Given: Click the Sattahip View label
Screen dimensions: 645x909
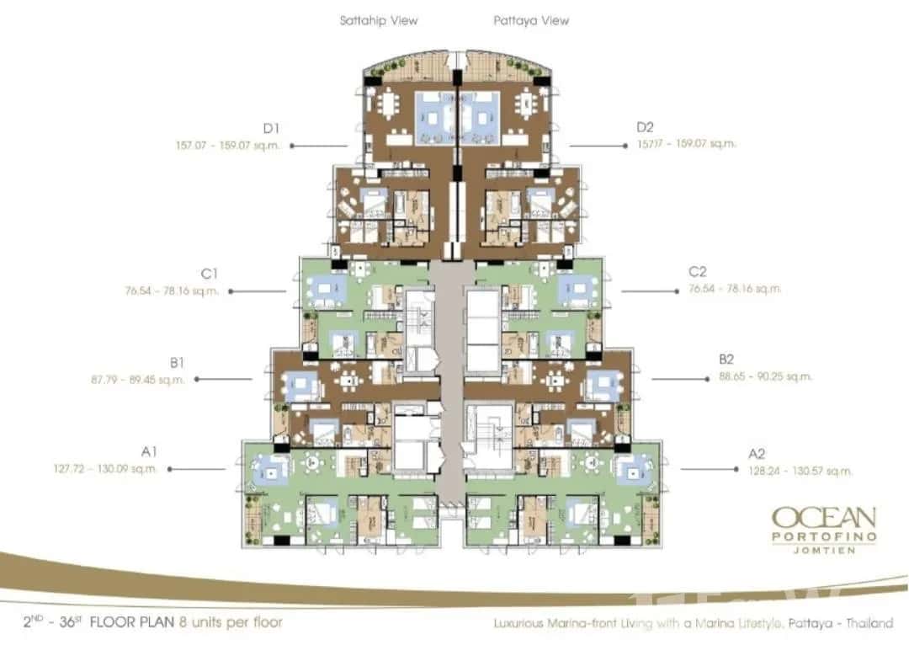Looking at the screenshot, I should point(379,20).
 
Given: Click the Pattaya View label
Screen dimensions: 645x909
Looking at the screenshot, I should point(531,20).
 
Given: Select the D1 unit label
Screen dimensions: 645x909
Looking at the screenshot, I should point(270,128).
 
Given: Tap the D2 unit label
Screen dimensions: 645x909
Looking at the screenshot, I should point(646,128).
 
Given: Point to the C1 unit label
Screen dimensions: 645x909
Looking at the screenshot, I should point(210,275).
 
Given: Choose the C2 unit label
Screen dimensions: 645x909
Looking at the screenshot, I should point(698,272).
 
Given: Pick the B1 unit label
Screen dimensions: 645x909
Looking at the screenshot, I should point(177,363).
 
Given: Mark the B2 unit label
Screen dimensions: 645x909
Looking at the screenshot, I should point(727,360).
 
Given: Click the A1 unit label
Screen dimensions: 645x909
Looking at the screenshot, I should point(150,453).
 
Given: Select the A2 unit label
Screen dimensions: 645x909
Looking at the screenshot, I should point(757,454).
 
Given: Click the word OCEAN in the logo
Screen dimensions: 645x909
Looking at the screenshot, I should point(824,516).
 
